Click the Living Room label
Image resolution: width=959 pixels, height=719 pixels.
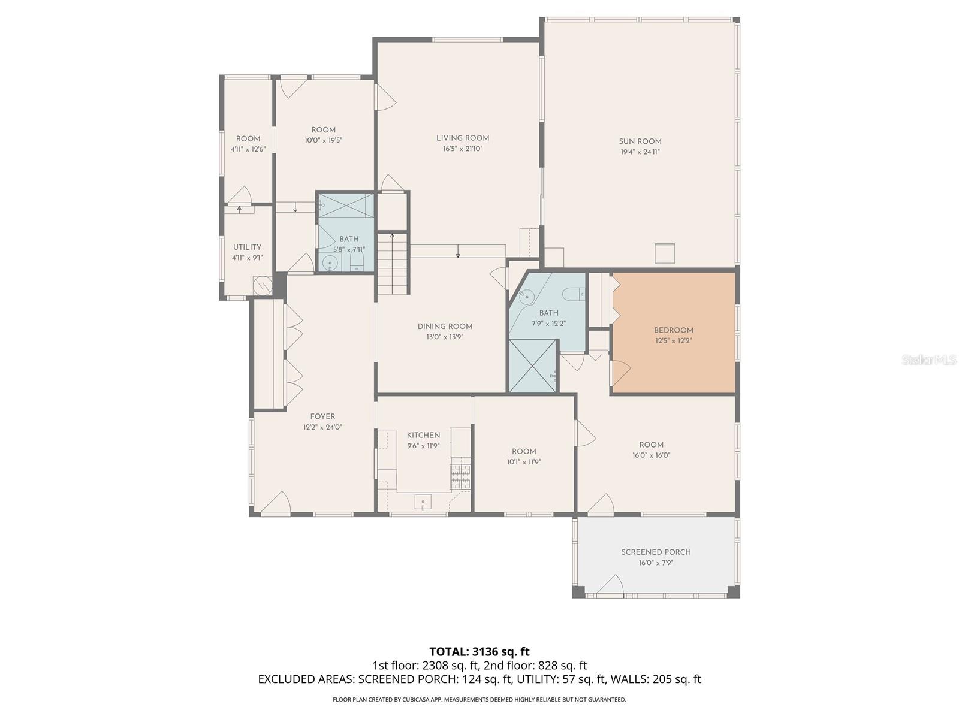tap(463, 138)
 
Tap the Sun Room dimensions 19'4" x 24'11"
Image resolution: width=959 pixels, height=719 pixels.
tap(640, 152)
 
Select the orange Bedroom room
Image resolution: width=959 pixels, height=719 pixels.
tap(674, 354)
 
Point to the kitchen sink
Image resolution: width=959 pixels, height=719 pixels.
tap(423, 502)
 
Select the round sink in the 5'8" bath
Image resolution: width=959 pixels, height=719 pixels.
tap(330, 262)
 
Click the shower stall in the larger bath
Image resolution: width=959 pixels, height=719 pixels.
tap(533, 366)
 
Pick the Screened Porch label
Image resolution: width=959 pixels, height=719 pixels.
tap(656, 552)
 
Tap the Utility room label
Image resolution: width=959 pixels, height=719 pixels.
tap(247, 247)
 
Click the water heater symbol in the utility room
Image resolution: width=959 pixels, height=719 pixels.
tap(262, 285)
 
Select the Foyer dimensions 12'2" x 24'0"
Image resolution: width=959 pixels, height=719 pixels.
tap(322, 427)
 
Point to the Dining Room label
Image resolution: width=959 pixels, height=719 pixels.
tap(445, 327)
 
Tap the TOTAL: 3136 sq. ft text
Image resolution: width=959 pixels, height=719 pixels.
tap(479, 651)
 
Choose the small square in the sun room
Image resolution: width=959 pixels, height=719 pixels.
tap(664, 253)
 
